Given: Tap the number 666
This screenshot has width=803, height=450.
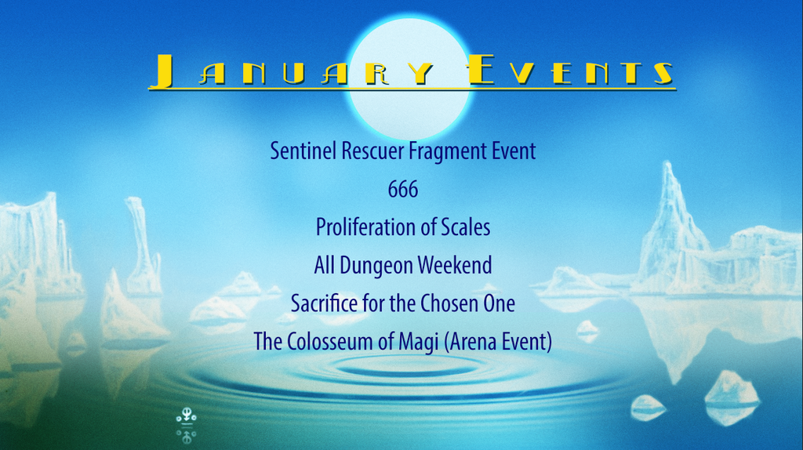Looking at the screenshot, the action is click(x=403, y=189).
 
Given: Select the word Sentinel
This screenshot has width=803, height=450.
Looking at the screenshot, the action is click(x=303, y=151).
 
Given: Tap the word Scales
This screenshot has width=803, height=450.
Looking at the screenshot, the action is click(x=466, y=227).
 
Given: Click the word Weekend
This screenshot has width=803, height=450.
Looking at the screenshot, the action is click(x=455, y=265).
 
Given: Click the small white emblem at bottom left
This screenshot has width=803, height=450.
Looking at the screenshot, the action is click(x=187, y=425).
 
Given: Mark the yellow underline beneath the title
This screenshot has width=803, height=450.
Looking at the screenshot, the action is click(x=412, y=89).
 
